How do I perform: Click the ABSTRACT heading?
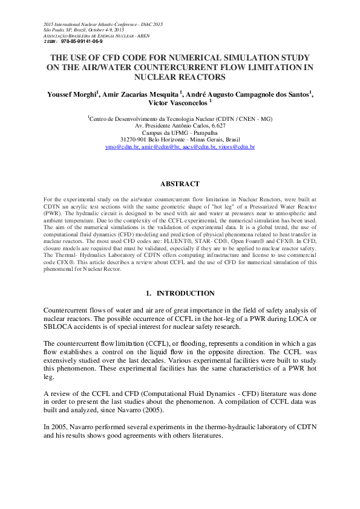[x=180, y=183]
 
